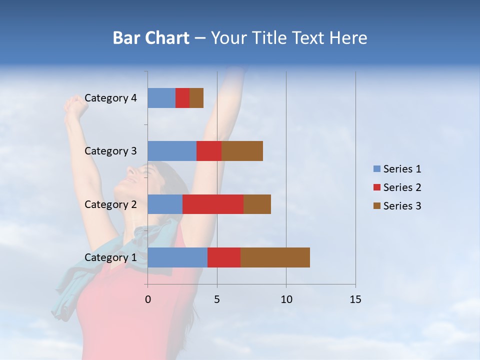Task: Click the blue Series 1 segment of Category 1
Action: pos(177,257)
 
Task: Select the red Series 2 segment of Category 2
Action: pos(213,204)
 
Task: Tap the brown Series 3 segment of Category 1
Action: pos(275,257)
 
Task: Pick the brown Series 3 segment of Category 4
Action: pos(196,98)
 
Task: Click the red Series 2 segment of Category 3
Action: pos(209,151)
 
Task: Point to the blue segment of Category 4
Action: pos(161,98)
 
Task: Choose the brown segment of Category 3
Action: pos(242,151)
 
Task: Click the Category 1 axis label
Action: pos(110,257)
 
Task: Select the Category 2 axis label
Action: pos(110,204)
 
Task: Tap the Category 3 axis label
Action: pos(110,151)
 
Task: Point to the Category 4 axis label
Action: pos(110,98)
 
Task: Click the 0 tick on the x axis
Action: pos(148,299)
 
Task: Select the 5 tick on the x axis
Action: pos(217,299)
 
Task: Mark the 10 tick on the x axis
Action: pos(286,299)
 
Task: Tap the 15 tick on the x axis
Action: pos(355,299)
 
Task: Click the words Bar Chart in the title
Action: pos(151,38)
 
